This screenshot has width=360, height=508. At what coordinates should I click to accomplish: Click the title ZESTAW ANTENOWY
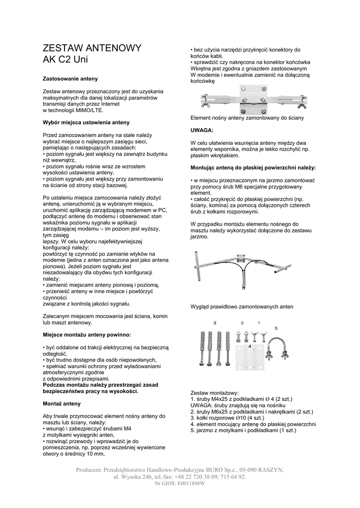click(x=92, y=48)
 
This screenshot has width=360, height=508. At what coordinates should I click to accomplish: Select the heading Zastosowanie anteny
click(x=70, y=78)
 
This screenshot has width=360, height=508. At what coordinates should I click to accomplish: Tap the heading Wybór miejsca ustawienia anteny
click(x=86, y=122)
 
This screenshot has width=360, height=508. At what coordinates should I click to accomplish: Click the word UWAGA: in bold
click(x=202, y=130)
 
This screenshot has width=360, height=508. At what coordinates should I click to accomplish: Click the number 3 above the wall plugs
click(x=215, y=323)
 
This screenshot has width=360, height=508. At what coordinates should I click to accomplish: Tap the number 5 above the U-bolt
click(x=276, y=328)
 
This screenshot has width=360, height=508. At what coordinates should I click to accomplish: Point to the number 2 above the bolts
click(x=242, y=323)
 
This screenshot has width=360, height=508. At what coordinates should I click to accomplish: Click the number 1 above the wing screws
click(x=258, y=323)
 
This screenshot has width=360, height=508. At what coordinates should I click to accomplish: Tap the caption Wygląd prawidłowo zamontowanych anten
click(x=242, y=307)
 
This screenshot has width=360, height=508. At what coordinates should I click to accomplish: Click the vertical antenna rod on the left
click(x=198, y=270)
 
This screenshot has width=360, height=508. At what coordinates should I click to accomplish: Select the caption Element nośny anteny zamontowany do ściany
click(x=247, y=118)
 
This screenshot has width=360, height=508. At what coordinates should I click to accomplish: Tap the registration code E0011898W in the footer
click(x=188, y=484)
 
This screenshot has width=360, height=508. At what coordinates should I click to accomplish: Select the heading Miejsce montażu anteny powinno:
click(x=87, y=335)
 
